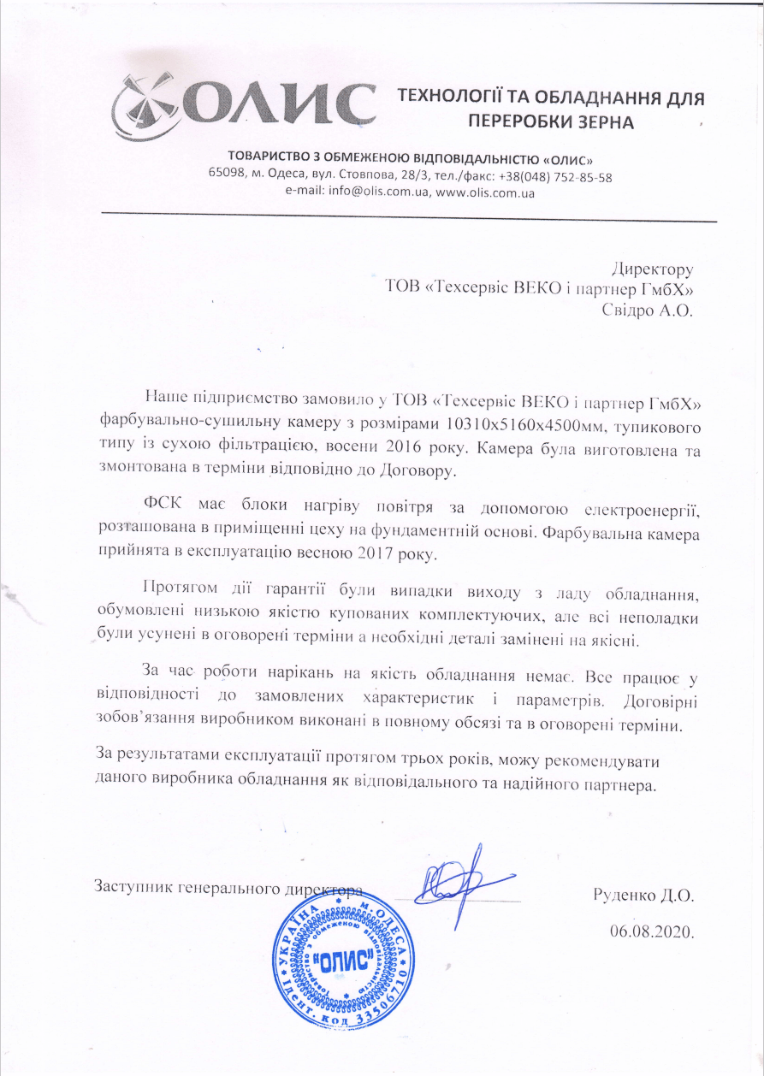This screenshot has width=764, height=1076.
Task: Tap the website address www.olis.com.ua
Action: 485,193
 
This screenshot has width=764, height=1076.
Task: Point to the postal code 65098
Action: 226,177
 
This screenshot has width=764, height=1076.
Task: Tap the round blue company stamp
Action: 339,958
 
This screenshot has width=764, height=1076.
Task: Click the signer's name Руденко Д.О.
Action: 643,897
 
